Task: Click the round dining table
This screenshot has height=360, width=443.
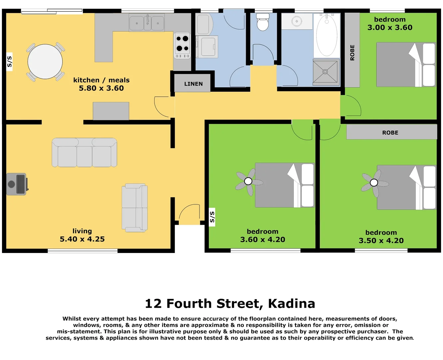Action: [45, 62]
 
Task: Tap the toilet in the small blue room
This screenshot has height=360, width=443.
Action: [262, 23]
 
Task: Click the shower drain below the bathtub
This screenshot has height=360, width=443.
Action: [325, 72]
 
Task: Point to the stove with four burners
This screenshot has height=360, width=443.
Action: [182, 45]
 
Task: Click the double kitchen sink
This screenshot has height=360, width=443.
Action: [147, 23]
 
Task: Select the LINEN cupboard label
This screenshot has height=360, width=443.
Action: [193, 84]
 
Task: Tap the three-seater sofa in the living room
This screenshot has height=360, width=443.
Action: [84, 153]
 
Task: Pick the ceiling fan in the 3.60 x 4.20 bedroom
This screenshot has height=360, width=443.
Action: [248, 181]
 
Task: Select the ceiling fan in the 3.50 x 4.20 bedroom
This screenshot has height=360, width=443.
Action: [374, 183]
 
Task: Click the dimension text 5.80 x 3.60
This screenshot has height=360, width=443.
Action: [101, 88]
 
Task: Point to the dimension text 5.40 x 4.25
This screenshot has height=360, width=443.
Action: [82, 239]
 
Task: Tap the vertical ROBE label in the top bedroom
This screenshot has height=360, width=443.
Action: [352, 53]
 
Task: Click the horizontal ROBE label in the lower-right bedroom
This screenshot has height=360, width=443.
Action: [390, 133]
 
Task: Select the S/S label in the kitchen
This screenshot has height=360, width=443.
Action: [9, 62]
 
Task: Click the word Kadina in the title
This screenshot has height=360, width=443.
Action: [291, 304]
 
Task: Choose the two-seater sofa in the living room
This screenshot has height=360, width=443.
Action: [135, 208]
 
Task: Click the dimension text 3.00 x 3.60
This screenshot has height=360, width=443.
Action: [390, 28]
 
